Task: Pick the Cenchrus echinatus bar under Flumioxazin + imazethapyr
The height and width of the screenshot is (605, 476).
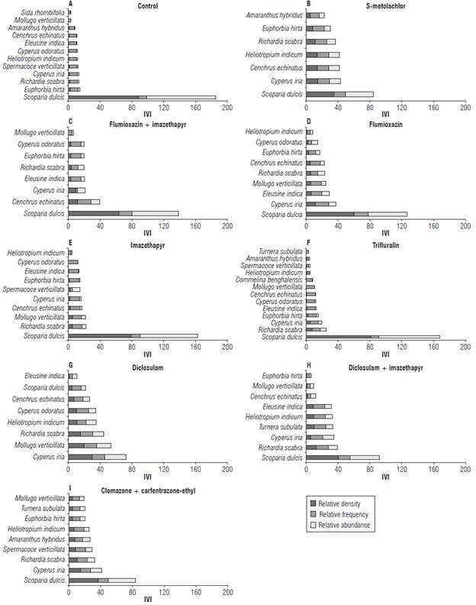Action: [x=84, y=202]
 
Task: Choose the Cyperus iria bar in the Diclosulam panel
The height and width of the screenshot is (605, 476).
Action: [x=97, y=456]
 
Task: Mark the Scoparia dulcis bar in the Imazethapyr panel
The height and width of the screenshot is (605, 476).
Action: [x=133, y=335]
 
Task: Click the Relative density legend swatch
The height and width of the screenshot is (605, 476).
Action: [x=312, y=502]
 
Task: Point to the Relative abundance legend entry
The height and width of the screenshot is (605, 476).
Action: [x=343, y=525]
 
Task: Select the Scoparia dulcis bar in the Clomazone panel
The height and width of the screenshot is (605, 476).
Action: [x=101, y=580]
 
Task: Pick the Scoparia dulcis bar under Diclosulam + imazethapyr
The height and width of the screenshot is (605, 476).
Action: [x=343, y=457]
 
